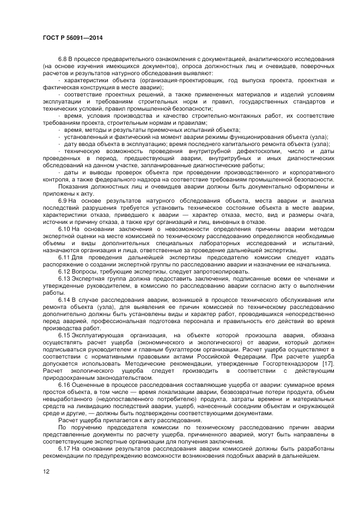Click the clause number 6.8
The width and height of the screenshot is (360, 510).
63,58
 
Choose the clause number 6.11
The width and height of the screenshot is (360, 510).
64,257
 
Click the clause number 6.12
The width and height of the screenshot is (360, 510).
64,271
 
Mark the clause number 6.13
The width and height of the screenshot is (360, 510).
64,278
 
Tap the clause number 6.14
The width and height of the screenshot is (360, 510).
64,299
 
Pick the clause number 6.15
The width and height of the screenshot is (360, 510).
64,335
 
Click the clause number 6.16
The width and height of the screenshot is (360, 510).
64,384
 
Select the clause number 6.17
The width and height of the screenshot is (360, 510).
64,448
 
